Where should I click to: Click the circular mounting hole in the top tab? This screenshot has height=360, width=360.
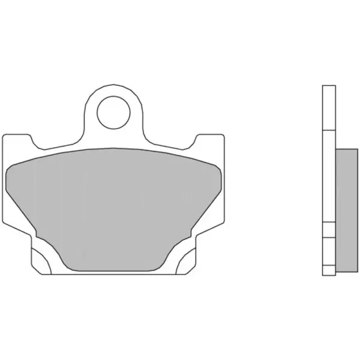[113, 112]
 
